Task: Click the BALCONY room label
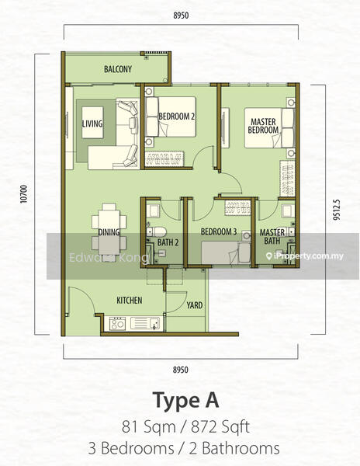[x=117, y=69]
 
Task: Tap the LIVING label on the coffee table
[x=92, y=123]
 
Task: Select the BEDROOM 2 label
[x=177, y=116]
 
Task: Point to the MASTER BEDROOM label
[x=263, y=126]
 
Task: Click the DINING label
[x=109, y=232]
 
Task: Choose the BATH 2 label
[x=168, y=242]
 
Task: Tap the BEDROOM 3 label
[x=219, y=231]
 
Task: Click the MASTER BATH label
[x=272, y=237]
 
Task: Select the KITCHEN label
[x=129, y=301]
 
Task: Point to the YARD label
[x=195, y=305]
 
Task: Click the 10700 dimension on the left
[x=24, y=194]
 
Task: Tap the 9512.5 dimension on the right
[x=336, y=210]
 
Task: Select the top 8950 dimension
[x=181, y=16]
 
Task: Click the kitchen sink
[x=145, y=323]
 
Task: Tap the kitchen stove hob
[x=117, y=323]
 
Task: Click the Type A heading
[x=185, y=401]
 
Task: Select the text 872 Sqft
[x=220, y=427]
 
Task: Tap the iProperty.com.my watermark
[x=305, y=256]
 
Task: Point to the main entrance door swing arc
[x=85, y=295]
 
